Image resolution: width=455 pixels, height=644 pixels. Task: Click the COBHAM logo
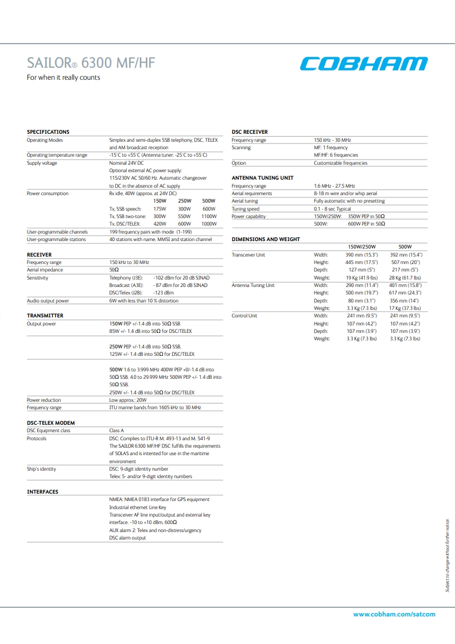tap(364, 64)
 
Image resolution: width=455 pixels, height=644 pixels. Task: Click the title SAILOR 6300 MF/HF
tap(91, 63)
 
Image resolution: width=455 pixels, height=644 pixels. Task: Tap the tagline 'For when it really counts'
tap(64, 77)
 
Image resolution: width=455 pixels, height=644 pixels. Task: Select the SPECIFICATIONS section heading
tap(48, 132)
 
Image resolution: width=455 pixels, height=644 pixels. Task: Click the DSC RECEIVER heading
tap(250, 132)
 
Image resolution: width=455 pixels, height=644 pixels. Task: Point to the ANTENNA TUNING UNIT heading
tap(262, 178)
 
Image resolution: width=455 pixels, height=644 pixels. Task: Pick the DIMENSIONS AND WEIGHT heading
tap(265, 239)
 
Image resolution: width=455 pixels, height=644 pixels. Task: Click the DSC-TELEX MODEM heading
tap(51, 423)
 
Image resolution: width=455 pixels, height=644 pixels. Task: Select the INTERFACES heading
tap(42, 492)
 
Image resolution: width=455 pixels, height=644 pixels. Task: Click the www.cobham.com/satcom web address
tap(394, 614)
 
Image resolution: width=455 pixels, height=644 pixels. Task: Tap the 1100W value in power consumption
tap(209, 216)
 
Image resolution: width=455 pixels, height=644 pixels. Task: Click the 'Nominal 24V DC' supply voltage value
tap(127, 163)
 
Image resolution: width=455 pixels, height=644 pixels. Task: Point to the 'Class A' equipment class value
tap(116, 430)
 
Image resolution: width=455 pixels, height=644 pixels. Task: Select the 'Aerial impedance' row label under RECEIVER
tap(45, 270)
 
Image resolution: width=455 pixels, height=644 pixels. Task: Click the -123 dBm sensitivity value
tap(164, 293)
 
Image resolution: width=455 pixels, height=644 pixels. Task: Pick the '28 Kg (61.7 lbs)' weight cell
tap(405, 278)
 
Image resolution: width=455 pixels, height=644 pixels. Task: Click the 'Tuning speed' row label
tap(246, 209)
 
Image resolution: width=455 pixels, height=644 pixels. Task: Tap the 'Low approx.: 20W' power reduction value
tap(128, 400)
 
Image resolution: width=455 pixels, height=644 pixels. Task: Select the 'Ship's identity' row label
tap(41, 469)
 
